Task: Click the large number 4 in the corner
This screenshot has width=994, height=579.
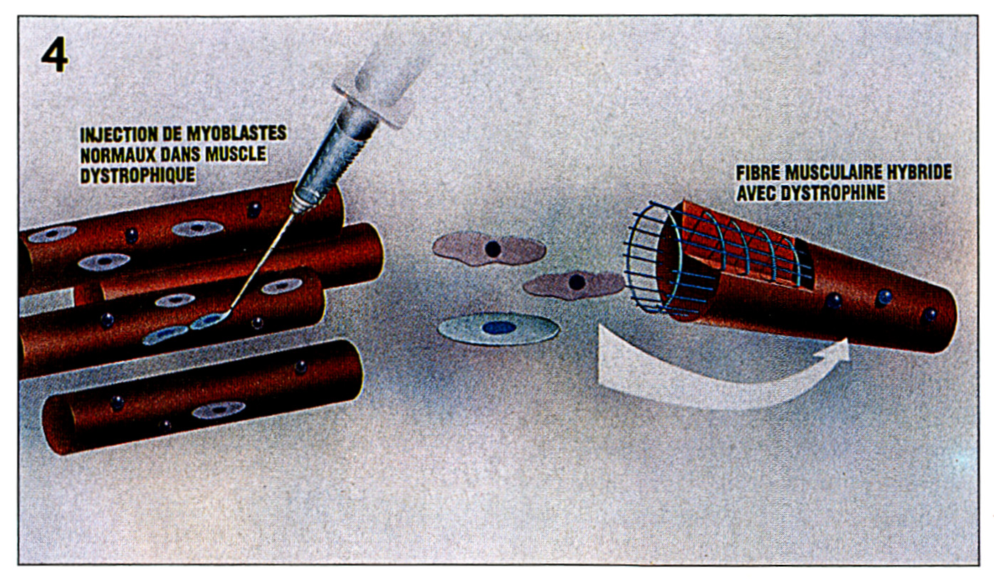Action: [55, 54]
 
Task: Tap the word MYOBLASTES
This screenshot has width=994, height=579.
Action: [236, 133]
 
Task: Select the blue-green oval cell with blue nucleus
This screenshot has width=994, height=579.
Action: [498, 329]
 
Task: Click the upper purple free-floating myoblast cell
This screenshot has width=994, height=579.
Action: [489, 249]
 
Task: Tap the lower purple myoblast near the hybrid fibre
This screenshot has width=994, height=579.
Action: [574, 284]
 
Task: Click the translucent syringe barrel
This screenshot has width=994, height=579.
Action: [382, 71]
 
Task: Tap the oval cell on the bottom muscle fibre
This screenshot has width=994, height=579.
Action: [219, 410]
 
